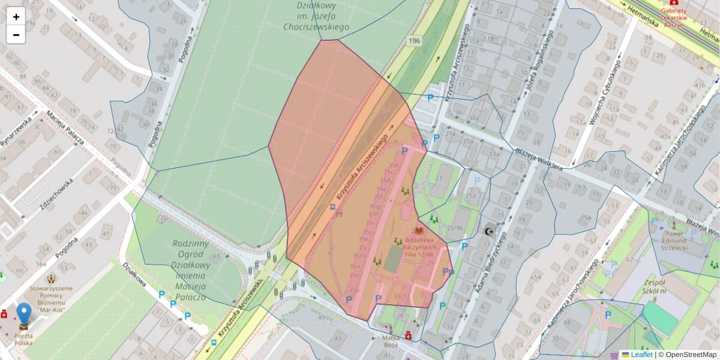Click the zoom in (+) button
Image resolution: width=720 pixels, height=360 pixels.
click(x=16, y=17)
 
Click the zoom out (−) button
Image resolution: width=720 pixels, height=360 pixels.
click(x=16, y=35)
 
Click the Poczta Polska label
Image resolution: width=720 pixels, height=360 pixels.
click(x=24, y=340)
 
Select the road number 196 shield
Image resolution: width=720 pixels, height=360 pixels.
click(x=413, y=41)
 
